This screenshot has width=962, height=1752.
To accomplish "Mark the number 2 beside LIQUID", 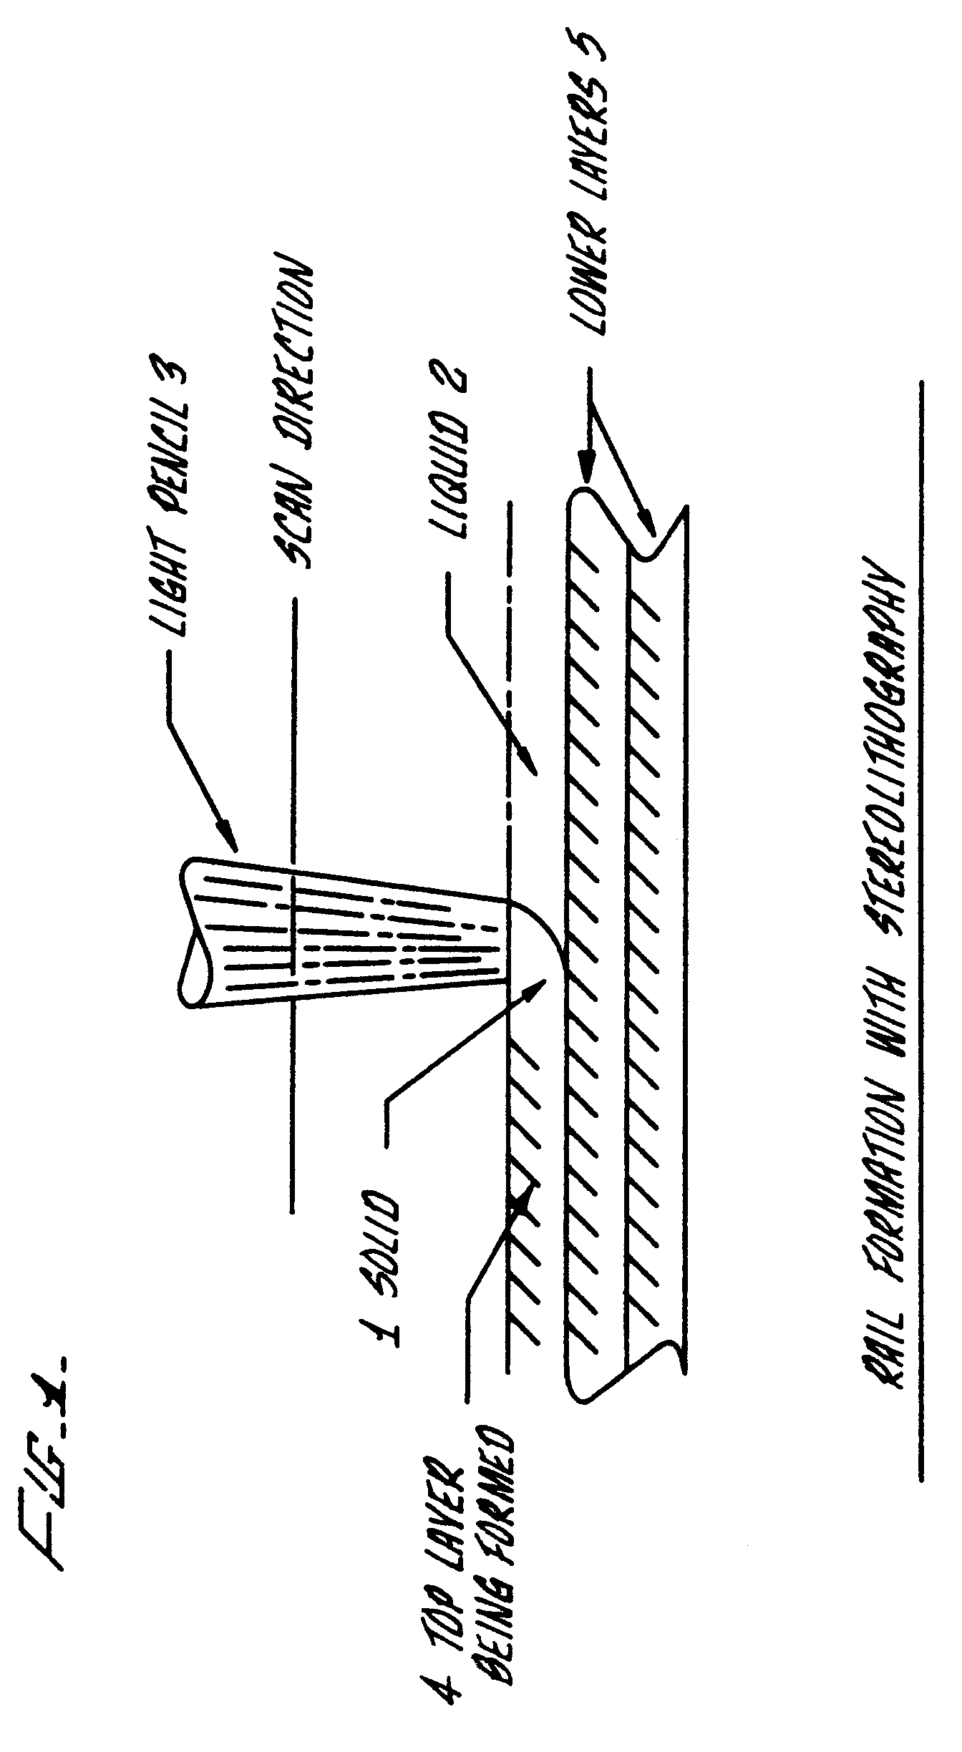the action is (x=451, y=386).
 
